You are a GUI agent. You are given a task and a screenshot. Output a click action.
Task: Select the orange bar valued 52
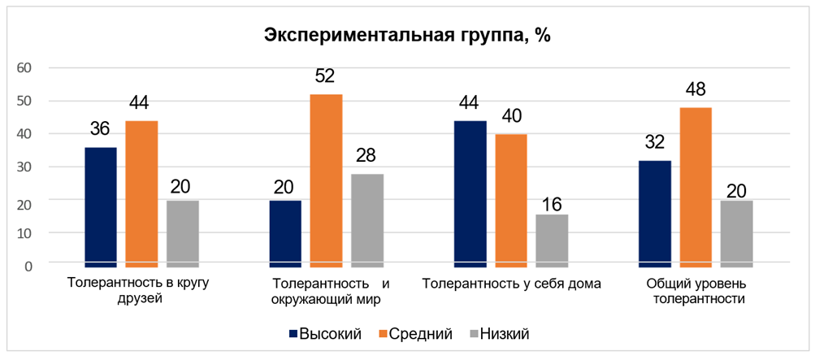[x=326, y=179]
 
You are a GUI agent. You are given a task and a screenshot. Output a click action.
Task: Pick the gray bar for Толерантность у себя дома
[x=552, y=240]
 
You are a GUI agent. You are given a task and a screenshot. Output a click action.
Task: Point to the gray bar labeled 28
[x=367, y=219]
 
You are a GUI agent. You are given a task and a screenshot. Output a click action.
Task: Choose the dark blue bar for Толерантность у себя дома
[x=470, y=193]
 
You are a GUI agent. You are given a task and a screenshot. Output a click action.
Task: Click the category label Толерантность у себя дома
[x=511, y=284]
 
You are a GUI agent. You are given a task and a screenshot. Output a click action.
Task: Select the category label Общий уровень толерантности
[x=696, y=291]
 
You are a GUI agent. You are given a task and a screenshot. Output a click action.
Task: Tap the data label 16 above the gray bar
[x=552, y=203]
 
